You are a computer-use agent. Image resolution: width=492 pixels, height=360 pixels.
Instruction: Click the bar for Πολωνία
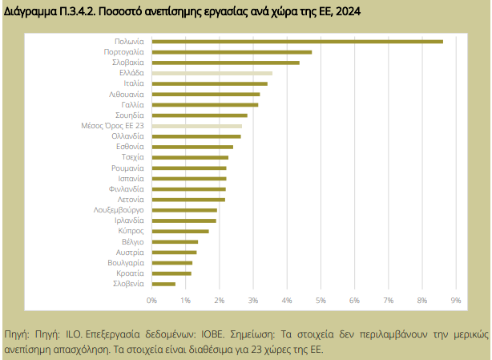296,41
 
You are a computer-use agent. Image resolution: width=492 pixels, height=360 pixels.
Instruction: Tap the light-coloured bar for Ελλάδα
212,73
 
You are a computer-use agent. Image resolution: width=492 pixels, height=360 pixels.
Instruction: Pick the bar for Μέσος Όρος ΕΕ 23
196,126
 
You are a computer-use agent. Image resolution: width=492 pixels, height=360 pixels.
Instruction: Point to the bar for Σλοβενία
163,284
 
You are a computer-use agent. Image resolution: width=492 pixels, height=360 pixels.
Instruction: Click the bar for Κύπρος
180,231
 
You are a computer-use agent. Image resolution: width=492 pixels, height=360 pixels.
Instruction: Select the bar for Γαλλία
204,104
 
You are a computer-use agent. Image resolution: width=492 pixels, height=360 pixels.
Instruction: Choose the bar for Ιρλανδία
183,220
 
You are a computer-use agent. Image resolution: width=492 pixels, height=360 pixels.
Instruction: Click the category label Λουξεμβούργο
119,210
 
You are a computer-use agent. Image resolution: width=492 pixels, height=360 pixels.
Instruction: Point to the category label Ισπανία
131,178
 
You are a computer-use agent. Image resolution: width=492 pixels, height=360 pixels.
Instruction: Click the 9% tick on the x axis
455,300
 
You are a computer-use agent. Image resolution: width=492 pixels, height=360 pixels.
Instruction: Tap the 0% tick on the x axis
151,300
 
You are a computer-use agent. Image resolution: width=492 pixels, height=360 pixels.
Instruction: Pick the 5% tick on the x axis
321,300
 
